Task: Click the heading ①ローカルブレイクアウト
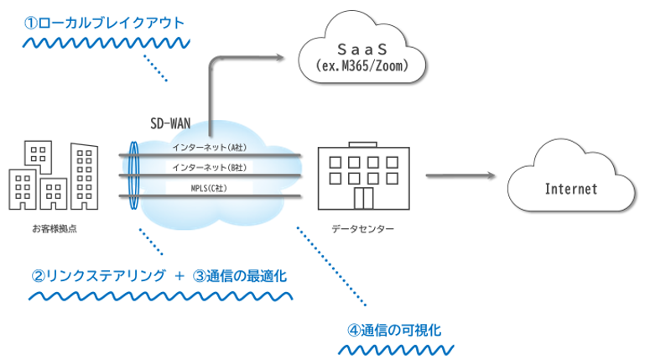pyautogui.click(x=104, y=21)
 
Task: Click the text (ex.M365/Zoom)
pyautogui.click(x=362, y=65)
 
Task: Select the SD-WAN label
pyautogui.click(x=169, y=123)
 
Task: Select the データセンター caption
pyautogui.click(x=362, y=228)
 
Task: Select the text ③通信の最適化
pyautogui.click(x=244, y=274)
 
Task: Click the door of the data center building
pyautogui.click(x=363, y=200)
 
